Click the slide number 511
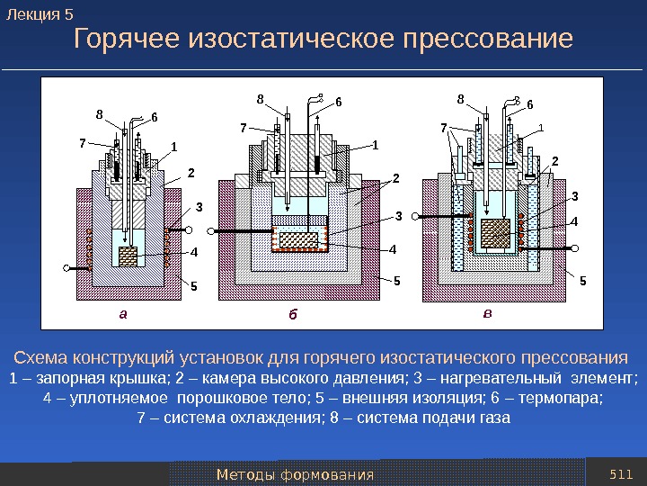(621, 473)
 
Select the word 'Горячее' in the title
(128, 40)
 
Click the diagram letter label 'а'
(125, 315)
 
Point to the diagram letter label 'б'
(292, 316)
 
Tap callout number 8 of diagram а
(100, 113)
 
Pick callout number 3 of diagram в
(574, 195)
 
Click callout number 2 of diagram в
(554, 161)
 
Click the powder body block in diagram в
(495, 232)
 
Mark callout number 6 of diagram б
(339, 102)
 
